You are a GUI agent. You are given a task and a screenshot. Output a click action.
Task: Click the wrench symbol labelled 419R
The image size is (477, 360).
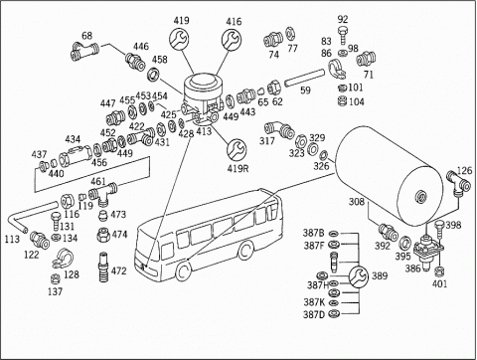(x=237, y=149)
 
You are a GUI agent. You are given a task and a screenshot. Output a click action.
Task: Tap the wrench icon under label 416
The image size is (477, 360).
(x=232, y=40)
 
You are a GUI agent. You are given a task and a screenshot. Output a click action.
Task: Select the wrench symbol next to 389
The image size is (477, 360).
(x=358, y=275)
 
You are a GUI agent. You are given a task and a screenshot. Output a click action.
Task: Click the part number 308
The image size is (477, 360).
(x=357, y=202)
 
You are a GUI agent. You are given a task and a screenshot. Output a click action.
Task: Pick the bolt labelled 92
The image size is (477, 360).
(x=343, y=35)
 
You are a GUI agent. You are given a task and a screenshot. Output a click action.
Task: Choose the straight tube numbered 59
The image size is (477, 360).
(x=304, y=78)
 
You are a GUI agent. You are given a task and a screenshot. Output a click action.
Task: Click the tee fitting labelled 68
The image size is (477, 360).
(x=84, y=51)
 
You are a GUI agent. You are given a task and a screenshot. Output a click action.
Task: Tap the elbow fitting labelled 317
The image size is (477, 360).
(x=279, y=128)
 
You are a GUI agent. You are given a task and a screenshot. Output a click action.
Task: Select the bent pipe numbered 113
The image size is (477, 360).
(x=29, y=216)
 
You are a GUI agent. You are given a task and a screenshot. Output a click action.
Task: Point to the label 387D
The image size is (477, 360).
(x=314, y=314)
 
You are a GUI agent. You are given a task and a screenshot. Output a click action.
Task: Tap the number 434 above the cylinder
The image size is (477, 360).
(x=73, y=139)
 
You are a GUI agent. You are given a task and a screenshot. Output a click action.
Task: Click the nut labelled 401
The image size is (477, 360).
(x=439, y=271)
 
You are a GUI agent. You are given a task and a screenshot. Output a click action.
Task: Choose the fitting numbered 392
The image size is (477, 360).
(x=389, y=233)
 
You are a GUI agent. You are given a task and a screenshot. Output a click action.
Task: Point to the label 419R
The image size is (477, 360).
(x=238, y=168)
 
